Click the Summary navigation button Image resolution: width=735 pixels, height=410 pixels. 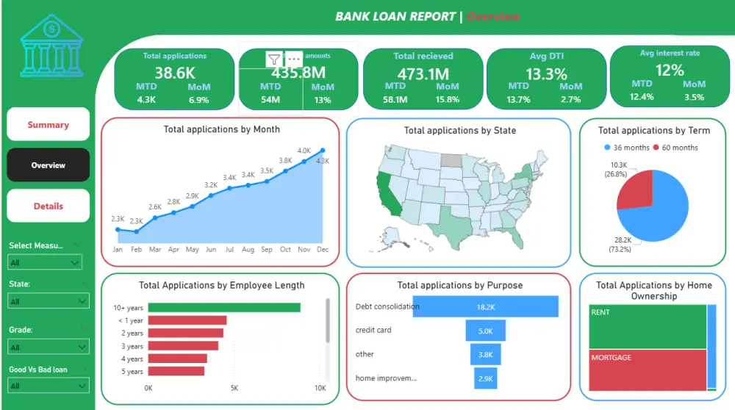(x=48, y=125)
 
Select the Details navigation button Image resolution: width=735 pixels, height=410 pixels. (x=48, y=206)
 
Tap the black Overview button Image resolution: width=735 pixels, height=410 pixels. (x=48, y=165)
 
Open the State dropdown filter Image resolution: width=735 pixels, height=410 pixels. (x=48, y=301)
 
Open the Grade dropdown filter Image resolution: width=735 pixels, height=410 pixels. (x=48, y=347)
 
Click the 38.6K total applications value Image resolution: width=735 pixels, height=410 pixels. (x=174, y=72)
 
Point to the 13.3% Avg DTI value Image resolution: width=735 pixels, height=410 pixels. (x=546, y=73)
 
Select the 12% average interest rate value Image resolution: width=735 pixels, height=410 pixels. (x=670, y=70)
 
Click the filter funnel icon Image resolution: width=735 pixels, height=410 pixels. (x=274, y=59)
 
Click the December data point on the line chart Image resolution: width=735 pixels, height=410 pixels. (x=322, y=151)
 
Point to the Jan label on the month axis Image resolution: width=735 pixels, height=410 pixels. (x=118, y=250)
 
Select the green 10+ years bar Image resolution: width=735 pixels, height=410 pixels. (x=224, y=308)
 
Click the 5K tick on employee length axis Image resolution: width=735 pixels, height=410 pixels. (x=234, y=388)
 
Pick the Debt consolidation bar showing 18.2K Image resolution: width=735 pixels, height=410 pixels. (x=485, y=306)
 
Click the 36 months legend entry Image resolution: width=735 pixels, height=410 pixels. (x=622, y=148)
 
